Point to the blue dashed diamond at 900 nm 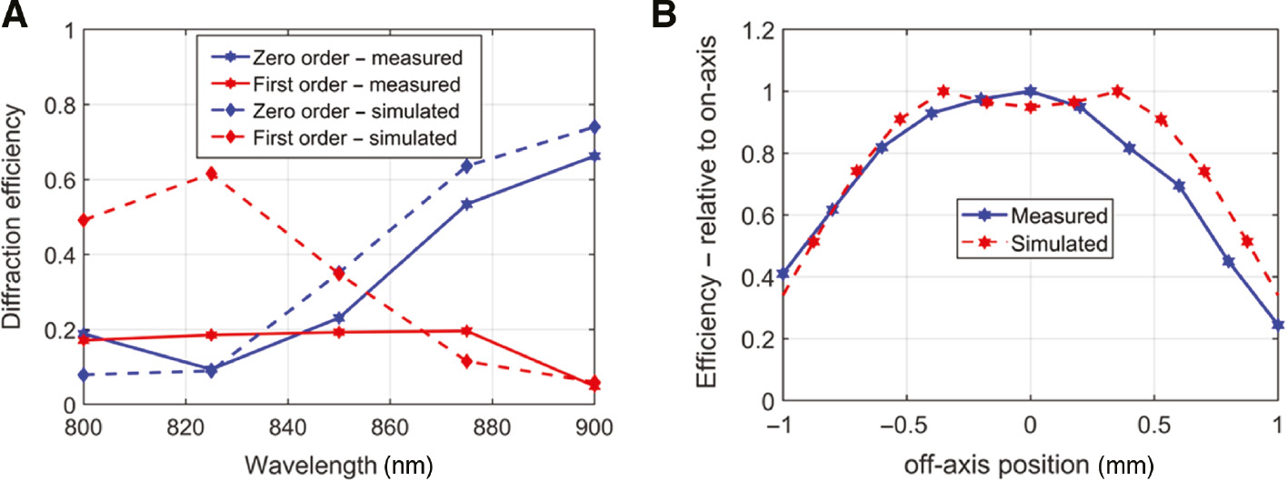tap(594, 126)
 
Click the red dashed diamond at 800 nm tap(85, 220)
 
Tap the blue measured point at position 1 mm tap(1277, 325)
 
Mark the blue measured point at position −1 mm tap(784, 273)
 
